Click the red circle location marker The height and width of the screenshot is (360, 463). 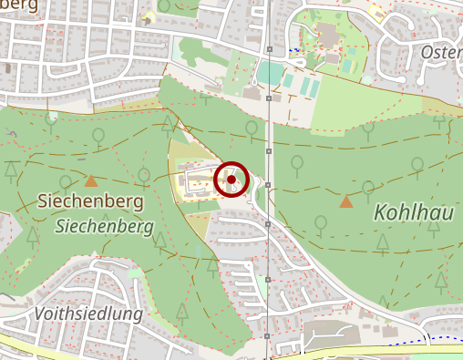tap(231, 180)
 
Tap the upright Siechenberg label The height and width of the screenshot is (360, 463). tap(89, 200)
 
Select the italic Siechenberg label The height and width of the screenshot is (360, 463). tap(104, 224)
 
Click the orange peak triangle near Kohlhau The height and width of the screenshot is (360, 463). tap(346, 201)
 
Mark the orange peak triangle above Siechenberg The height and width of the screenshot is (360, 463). tap(91, 181)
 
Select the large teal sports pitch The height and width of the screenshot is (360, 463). tap(271, 71)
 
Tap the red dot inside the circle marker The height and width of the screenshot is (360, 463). tap(231, 180)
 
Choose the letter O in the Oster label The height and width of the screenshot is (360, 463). tap(427, 52)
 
